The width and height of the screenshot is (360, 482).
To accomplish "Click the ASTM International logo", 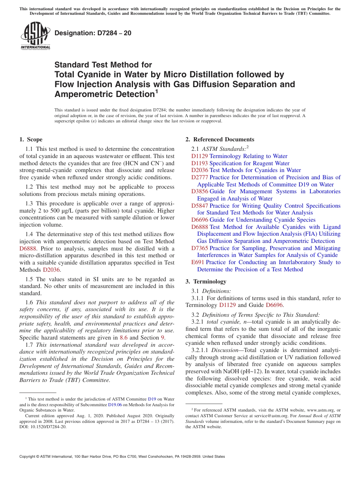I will [35, 36].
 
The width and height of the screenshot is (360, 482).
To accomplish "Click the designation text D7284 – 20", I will [93, 33].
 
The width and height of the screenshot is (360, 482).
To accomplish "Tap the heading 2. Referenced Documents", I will [220, 139].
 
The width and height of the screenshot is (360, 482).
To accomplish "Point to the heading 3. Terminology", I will [206, 282].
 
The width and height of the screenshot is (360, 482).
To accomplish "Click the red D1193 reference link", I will [199, 163].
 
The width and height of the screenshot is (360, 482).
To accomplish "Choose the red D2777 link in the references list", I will [199, 177].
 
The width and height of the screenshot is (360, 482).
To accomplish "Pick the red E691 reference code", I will [197, 262].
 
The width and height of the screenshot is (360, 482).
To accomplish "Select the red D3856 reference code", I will [199, 191].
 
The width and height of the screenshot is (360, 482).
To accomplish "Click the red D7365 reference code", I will [199, 248].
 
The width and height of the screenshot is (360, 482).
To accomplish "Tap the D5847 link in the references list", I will [199, 206].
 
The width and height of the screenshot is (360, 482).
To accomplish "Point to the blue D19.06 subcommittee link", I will [115, 405].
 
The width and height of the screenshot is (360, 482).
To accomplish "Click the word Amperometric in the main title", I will [102, 94].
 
